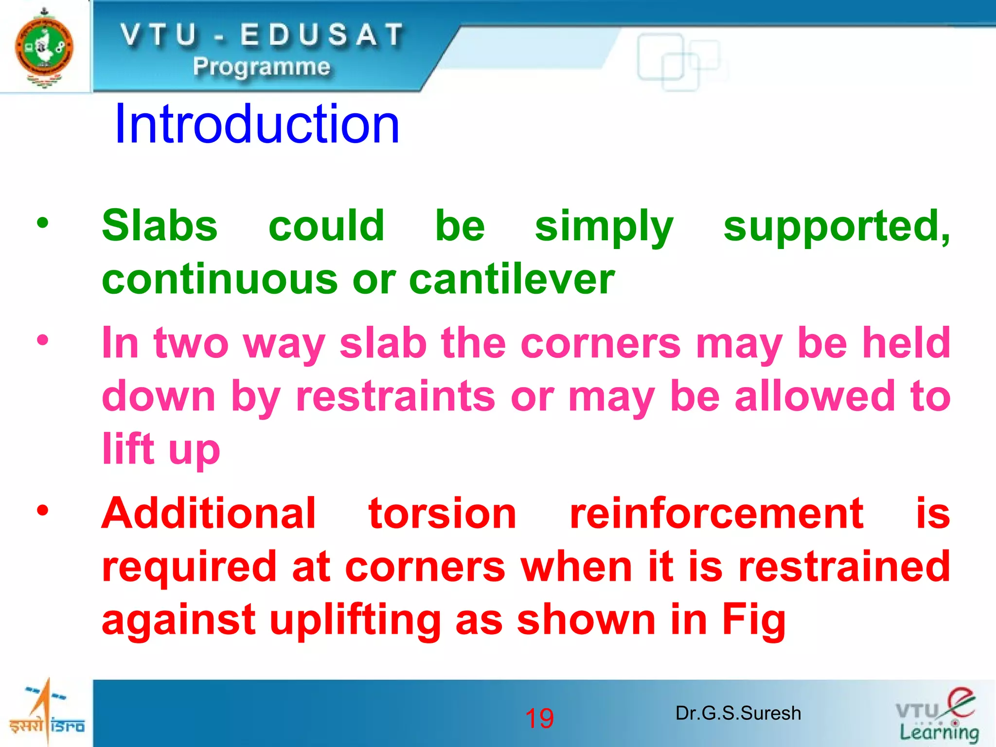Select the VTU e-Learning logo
(937, 715)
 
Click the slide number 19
(539, 718)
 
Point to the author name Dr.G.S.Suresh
(738, 713)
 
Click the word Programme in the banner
(262, 66)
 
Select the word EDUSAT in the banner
(322, 35)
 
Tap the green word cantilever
(512, 280)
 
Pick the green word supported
(836, 226)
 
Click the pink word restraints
(396, 396)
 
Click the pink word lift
(128, 448)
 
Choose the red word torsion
(442, 514)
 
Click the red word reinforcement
(716, 514)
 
